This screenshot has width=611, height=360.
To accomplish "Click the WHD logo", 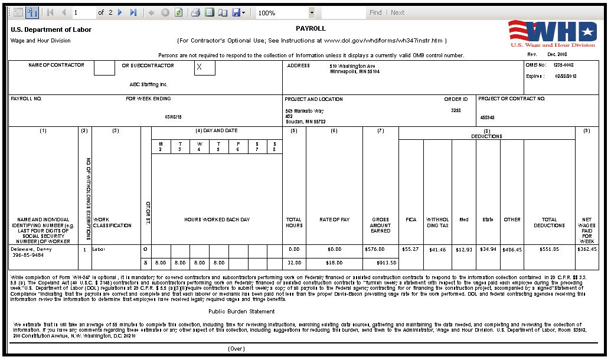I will (553, 33).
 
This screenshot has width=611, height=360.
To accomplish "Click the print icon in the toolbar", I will (195, 12).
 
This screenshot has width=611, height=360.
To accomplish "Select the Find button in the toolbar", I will (375, 12).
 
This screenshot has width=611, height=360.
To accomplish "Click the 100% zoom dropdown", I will (286, 12).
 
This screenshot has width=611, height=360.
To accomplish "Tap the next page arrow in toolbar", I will (120, 12).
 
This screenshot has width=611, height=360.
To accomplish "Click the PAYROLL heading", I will (311, 28).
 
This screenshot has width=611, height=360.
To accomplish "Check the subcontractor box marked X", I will (205, 68).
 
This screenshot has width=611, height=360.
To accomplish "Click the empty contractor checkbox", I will (104, 68).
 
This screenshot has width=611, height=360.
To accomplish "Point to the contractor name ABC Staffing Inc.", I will (149, 84).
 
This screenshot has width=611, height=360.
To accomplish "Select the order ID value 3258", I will (456, 110).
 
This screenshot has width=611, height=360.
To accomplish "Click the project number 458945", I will (488, 117).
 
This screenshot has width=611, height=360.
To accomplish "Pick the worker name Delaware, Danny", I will (31, 249).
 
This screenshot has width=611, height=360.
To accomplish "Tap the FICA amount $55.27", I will (410, 249).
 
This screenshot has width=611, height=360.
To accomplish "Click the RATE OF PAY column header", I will (334, 220).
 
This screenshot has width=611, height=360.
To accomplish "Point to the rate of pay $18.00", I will (334, 262).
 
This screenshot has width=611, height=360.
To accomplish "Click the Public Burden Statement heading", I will (241, 311).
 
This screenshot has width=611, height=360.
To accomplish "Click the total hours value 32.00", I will (293, 262).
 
